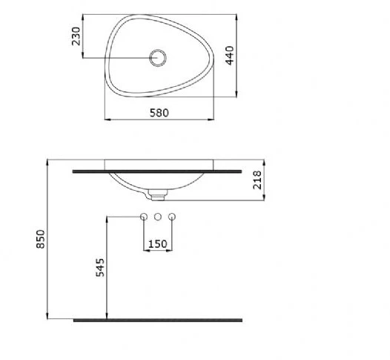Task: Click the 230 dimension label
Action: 76,36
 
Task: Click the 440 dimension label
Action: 230,55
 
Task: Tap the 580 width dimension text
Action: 159,113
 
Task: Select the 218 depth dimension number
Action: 257,180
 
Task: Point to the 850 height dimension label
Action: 41,239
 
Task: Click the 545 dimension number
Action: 100,267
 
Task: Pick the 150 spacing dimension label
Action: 158,244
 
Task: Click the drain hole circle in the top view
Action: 158,58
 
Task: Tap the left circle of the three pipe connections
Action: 144,217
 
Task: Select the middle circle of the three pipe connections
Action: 158,217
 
